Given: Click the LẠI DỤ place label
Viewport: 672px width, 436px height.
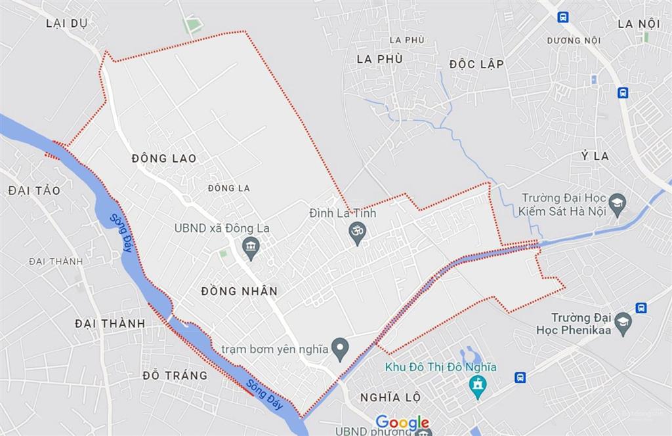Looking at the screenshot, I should (x=67, y=24).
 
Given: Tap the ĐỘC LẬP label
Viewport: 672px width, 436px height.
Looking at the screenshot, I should (x=476, y=64).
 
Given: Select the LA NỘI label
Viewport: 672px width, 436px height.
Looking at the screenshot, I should (x=638, y=24).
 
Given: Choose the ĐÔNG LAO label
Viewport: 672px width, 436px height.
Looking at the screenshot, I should (x=163, y=159).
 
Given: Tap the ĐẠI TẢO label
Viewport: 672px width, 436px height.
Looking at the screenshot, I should (x=34, y=191).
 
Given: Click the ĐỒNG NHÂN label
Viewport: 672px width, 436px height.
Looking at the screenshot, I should (x=240, y=291).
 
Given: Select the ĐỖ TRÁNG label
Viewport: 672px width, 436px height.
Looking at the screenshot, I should (x=175, y=376).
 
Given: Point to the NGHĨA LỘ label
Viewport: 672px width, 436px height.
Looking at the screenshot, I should (x=390, y=398).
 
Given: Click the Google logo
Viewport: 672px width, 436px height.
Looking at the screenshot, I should (x=402, y=423).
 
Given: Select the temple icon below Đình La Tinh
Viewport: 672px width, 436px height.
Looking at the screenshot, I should (x=357, y=234).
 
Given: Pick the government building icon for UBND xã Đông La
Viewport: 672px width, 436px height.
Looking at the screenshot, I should (x=251, y=248).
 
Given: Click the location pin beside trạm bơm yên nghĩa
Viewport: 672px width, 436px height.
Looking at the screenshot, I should (x=339, y=349).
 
